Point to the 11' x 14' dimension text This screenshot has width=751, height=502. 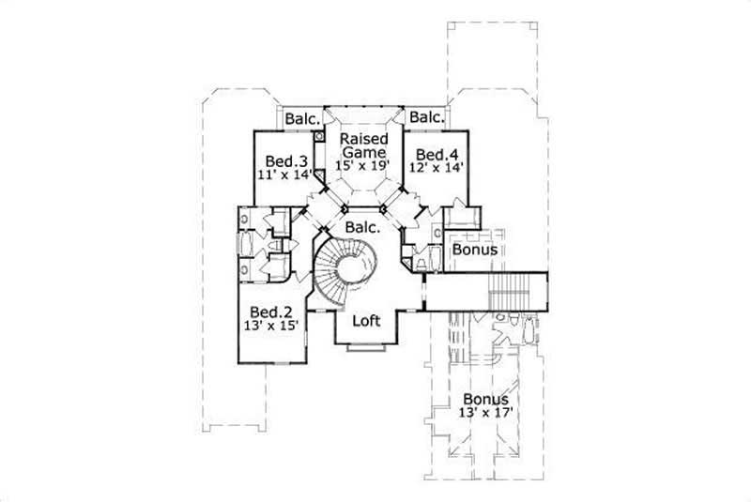click(283, 174)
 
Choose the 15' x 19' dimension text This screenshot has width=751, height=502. click(363, 165)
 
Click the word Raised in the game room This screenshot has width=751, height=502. click(363, 138)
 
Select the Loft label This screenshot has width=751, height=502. click(365, 321)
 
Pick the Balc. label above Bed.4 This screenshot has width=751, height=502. click(426, 117)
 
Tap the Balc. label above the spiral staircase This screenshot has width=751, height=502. click(362, 227)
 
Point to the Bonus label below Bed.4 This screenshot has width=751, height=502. click(475, 251)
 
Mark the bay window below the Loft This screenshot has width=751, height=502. click(365, 349)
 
